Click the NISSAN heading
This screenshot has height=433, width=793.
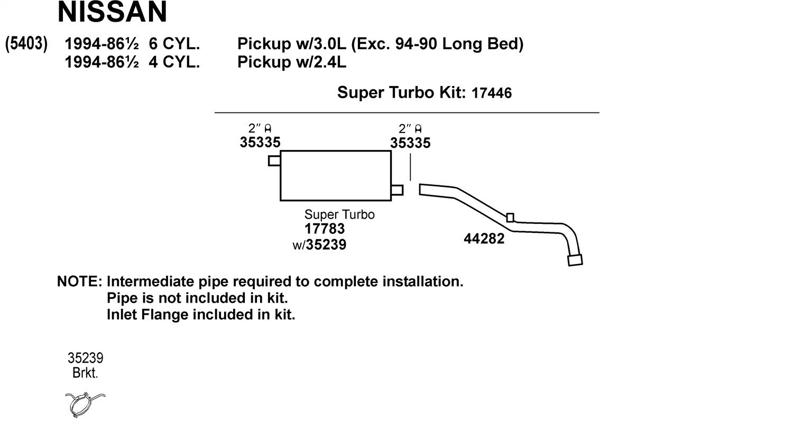(x=112, y=12)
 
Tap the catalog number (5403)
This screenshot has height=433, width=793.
(x=26, y=44)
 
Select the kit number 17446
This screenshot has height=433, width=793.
(x=492, y=93)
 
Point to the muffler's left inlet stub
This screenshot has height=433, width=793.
(x=274, y=161)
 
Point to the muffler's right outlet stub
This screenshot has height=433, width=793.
(x=397, y=190)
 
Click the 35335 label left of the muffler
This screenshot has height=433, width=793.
(x=260, y=143)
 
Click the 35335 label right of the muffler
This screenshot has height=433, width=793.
(x=410, y=143)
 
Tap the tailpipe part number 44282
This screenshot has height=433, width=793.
(x=484, y=239)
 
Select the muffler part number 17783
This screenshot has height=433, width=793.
(x=325, y=229)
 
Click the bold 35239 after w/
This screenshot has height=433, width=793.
(x=326, y=244)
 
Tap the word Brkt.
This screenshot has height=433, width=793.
(x=85, y=373)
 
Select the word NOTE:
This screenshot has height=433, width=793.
(x=80, y=281)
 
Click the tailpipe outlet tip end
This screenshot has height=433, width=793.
(x=575, y=260)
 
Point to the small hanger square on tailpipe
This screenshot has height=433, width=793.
(x=510, y=218)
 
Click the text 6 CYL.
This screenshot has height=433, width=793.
(x=174, y=44)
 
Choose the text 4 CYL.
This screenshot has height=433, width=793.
(x=174, y=62)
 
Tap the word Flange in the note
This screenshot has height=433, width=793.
(x=164, y=315)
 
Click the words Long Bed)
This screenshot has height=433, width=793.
(x=483, y=44)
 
